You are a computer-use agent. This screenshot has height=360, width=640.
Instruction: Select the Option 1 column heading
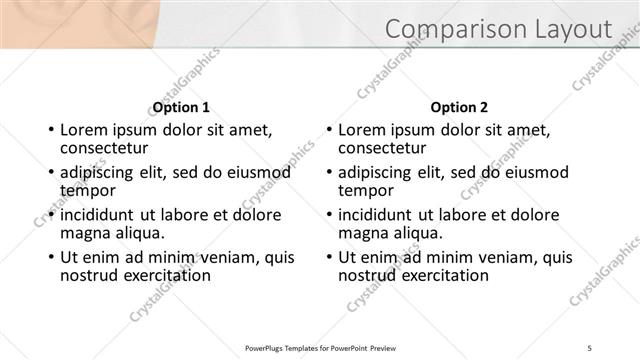pos(181,107)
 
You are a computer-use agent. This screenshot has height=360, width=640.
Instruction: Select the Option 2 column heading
pos(459,107)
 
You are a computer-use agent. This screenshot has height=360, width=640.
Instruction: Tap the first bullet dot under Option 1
pos(50,130)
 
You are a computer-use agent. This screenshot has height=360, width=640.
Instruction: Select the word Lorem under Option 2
pos(361,130)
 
